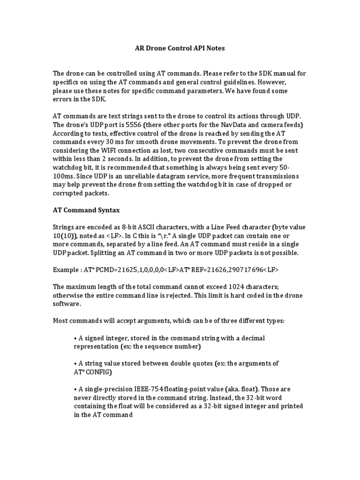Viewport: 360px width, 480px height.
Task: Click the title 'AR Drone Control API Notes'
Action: point(180,48)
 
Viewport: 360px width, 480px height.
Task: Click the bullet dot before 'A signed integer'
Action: point(75,338)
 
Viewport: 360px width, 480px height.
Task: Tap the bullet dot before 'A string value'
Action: point(75,363)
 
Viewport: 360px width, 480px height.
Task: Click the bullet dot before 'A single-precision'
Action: point(75,389)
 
